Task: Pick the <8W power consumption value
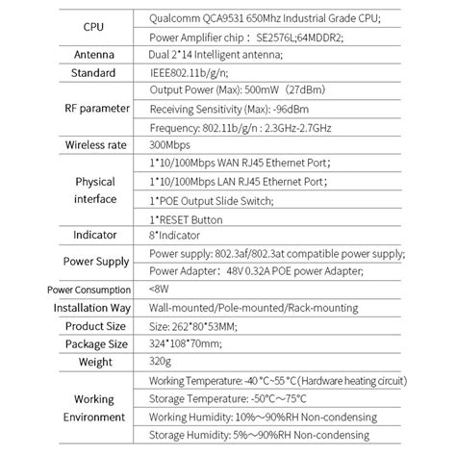166,289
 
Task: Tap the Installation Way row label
81,307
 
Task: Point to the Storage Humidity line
248,434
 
